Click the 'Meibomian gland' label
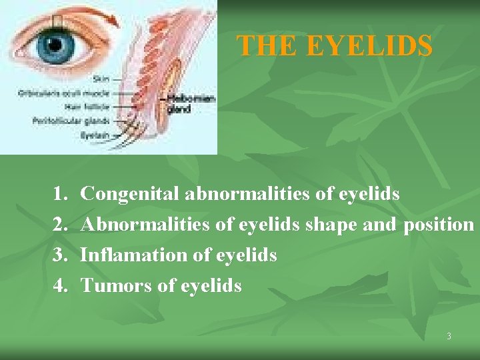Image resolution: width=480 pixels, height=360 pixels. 191,103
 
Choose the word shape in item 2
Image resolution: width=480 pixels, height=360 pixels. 333,225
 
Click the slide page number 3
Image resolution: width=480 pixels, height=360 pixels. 449,337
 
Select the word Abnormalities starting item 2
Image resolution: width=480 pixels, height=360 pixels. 145,225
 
